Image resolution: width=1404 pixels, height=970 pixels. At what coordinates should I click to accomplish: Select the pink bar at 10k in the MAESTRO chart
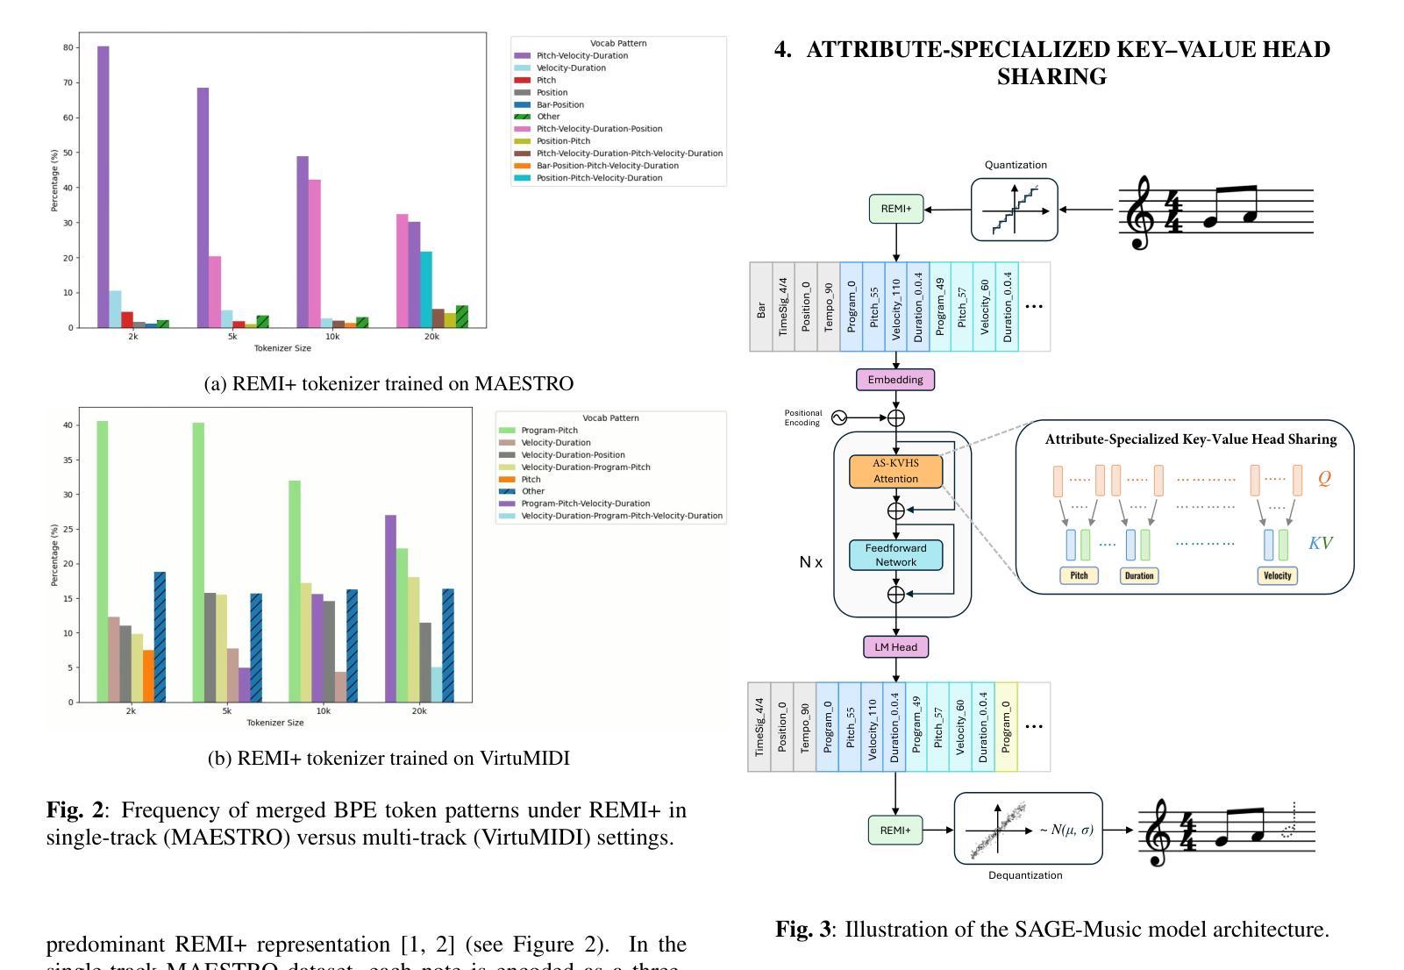(x=314, y=253)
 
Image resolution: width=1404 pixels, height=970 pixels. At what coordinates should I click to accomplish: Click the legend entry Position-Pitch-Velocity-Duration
(x=599, y=178)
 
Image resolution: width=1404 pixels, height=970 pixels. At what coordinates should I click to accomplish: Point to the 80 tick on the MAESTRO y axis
(x=68, y=48)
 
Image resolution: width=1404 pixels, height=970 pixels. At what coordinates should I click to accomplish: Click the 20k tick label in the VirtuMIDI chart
(x=419, y=711)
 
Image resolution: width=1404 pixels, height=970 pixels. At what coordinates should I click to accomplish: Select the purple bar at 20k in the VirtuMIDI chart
(x=390, y=609)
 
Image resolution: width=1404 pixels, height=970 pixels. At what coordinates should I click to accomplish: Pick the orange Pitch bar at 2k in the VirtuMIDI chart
(x=148, y=675)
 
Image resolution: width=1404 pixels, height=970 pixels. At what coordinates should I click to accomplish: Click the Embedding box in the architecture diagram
(x=895, y=380)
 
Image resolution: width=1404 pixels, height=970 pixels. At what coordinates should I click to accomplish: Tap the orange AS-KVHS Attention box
(x=895, y=471)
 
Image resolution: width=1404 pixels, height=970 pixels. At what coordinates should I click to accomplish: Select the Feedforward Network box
(x=895, y=555)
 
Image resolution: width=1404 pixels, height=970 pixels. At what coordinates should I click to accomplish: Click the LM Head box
(x=895, y=647)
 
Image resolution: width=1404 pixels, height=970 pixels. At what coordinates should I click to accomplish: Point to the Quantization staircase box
(x=1015, y=210)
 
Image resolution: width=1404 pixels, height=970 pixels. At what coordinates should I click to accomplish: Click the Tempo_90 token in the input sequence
(x=829, y=307)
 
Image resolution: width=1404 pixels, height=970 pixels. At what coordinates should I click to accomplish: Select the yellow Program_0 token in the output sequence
(x=1006, y=727)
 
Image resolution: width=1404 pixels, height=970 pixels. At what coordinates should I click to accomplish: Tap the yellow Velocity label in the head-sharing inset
(x=1277, y=575)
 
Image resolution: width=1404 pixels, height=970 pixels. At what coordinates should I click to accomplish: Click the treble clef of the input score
(x=1138, y=212)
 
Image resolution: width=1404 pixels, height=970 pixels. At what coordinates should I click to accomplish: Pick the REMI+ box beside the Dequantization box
(x=895, y=830)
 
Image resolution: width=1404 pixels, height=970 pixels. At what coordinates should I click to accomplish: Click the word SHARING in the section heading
(x=1051, y=77)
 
